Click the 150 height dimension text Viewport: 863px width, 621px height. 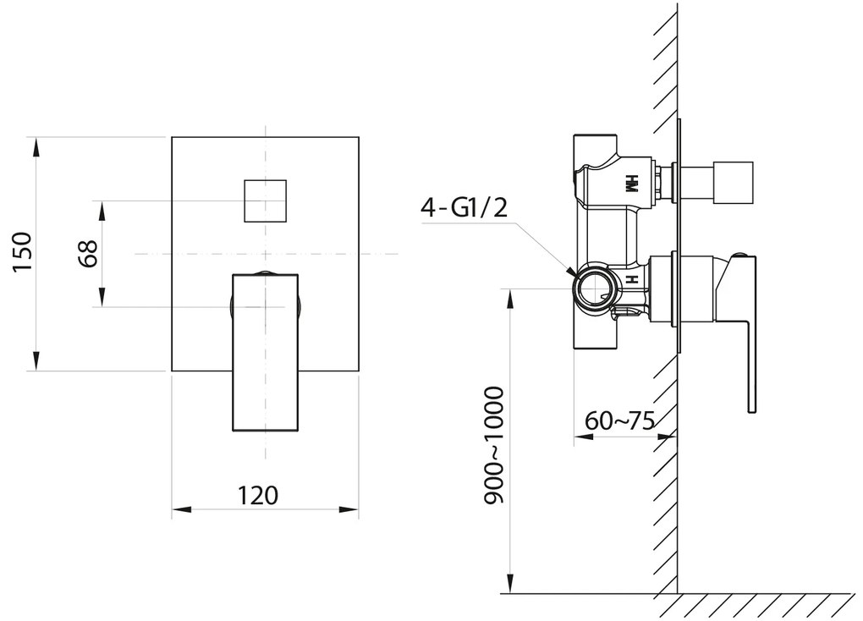tap(22, 251)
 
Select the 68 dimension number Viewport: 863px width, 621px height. tap(89, 253)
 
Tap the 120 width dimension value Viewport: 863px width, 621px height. tap(258, 495)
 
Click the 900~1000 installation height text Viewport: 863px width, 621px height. tap(493, 446)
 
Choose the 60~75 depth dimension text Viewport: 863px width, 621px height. tap(619, 420)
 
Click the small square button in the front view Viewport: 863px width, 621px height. tap(265, 201)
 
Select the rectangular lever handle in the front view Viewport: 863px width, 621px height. tap(266, 351)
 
